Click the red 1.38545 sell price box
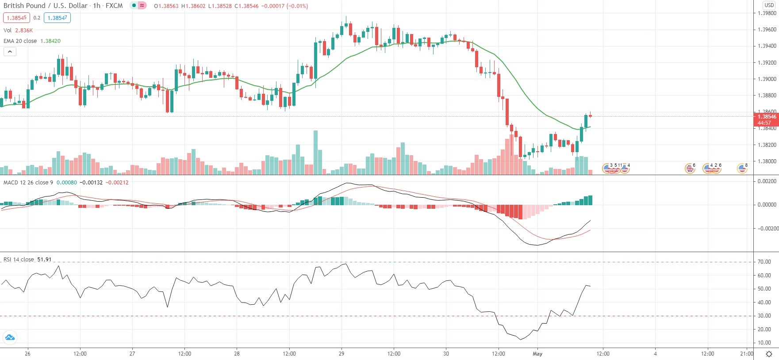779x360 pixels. (16, 18)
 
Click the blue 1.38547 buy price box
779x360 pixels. (58, 18)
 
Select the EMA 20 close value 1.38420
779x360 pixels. (50, 41)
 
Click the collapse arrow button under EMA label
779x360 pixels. (10, 51)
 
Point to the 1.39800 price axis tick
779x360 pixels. (767, 13)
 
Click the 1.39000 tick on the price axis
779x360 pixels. (767, 79)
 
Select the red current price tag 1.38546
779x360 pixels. (766, 117)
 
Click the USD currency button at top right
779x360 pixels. (769, 5)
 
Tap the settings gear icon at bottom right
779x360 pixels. (769, 354)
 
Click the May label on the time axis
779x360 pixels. (537, 354)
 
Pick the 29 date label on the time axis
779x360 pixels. (341, 354)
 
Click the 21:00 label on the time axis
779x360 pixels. (746, 354)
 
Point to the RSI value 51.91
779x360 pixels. (44, 260)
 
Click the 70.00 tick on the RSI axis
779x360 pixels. (764, 262)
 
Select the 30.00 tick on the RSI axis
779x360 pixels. (764, 316)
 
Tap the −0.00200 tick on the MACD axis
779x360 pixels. (767, 229)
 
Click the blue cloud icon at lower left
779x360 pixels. (10, 338)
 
